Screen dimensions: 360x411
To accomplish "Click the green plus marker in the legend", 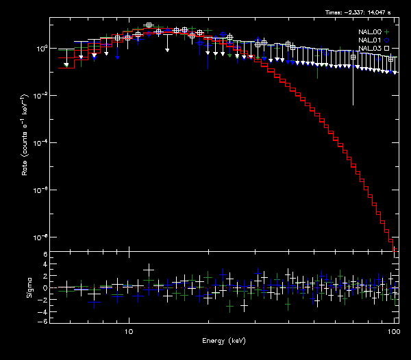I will [386, 31].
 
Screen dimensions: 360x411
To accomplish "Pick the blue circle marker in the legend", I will [386, 40].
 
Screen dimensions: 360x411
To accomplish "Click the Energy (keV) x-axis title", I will [223, 340].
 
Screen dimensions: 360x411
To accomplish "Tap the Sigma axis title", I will [29, 288].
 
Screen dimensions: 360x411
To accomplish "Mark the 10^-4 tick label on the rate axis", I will [40, 142].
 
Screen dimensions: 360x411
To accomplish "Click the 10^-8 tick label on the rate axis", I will [40, 237].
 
